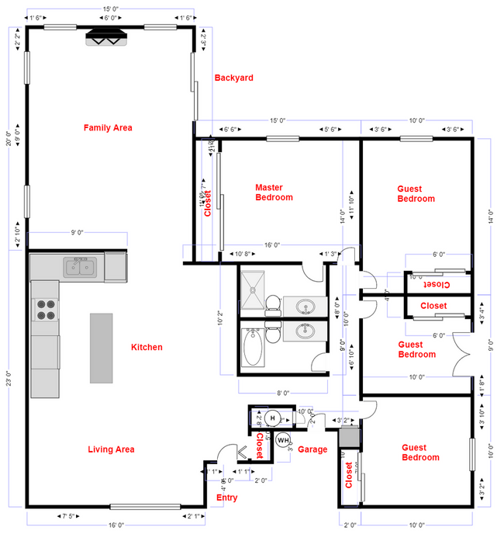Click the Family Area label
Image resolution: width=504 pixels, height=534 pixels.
pos(108,127)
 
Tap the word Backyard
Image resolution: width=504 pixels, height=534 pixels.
pos(233,78)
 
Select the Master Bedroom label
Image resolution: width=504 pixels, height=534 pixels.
pos(274,192)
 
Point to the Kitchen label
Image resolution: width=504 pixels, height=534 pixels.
pos(147,347)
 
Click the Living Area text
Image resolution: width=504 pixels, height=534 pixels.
pos(111,449)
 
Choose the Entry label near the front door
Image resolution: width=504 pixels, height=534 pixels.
pos(227,498)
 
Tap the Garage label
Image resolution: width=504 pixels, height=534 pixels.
pos(313,449)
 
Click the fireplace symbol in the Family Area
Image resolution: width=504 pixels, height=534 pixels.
pos(105,38)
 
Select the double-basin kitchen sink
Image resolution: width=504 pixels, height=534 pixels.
pos(79,268)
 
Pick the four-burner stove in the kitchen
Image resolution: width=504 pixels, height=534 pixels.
pos(47,310)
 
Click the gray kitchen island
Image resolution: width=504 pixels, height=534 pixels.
pos(101,348)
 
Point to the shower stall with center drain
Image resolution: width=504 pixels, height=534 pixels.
pos(254,293)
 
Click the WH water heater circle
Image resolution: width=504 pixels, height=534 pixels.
pos(282,440)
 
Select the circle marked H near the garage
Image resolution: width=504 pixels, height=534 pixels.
pos(271,418)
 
